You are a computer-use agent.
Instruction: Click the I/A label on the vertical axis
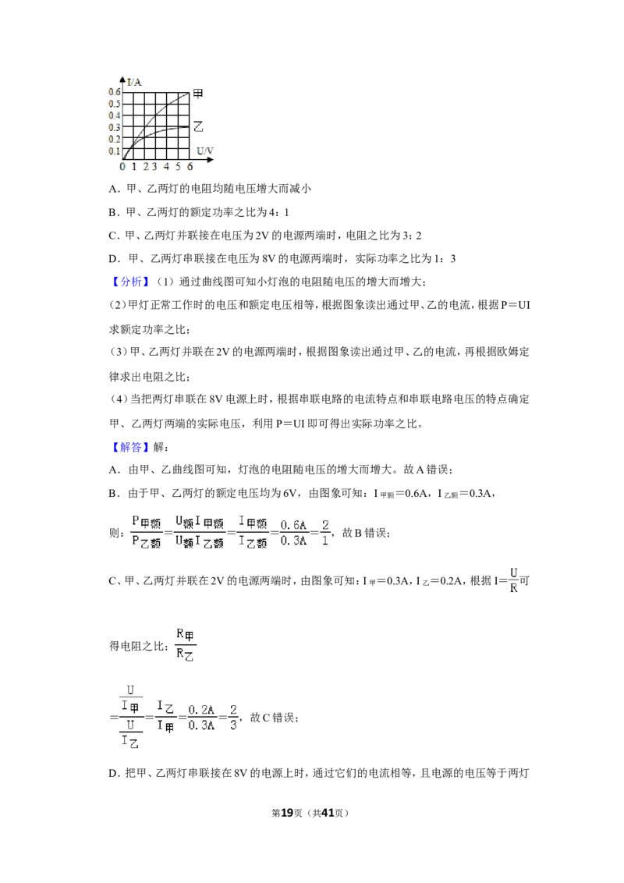tap(134, 82)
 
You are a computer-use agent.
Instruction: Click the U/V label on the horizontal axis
tap(205, 151)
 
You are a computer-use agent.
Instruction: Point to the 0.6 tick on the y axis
tap(115, 92)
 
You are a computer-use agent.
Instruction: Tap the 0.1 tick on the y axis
tap(115, 151)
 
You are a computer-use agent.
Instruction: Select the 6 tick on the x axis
tap(190, 167)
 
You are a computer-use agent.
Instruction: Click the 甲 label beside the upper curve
tap(197, 94)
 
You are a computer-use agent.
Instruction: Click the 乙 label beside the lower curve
tap(197, 126)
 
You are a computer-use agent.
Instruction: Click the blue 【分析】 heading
tap(130, 282)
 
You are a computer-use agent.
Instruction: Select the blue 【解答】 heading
tap(130, 447)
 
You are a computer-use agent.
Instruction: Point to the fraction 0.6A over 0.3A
tap(293, 533)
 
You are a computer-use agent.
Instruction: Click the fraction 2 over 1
tap(325, 533)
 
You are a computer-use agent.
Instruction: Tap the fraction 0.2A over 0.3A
tap(201, 718)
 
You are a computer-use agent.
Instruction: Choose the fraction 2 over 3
tap(233, 718)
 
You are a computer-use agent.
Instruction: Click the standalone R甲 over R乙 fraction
tap(186, 645)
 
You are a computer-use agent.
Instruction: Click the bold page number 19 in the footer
tap(287, 813)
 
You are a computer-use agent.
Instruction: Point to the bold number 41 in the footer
tap(328, 813)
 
